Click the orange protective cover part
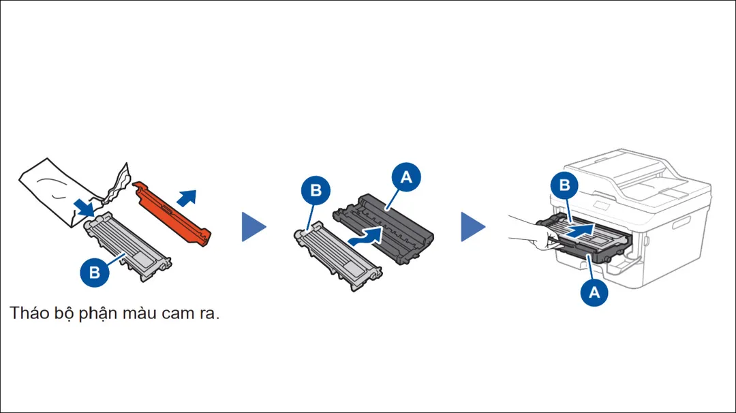(x=174, y=212)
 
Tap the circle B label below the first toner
(x=95, y=273)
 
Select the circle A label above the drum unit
(x=406, y=178)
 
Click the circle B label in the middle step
(x=316, y=191)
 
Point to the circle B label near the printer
(x=564, y=185)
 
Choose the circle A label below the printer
(x=594, y=292)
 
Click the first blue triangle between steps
(x=253, y=226)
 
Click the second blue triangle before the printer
(x=473, y=226)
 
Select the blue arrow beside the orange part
(x=186, y=198)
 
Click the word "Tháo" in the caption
(x=29, y=314)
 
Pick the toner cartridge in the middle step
(x=338, y=256)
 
